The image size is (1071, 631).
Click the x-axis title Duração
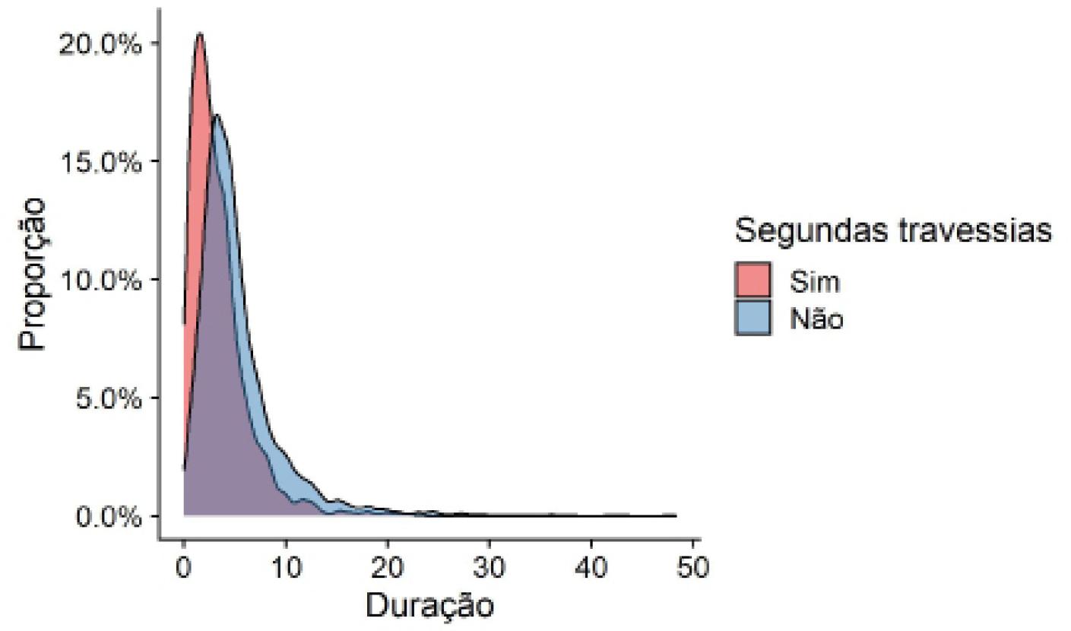(x=429, y=607)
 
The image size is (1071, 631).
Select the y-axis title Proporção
(x=33, y=274)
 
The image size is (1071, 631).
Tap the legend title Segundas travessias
(x=893, y=231)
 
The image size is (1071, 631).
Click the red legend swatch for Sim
(x=753, y=281)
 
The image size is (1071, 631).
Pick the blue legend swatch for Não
(x=753, y=318)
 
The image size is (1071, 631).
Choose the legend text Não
(x=816, y=319)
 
